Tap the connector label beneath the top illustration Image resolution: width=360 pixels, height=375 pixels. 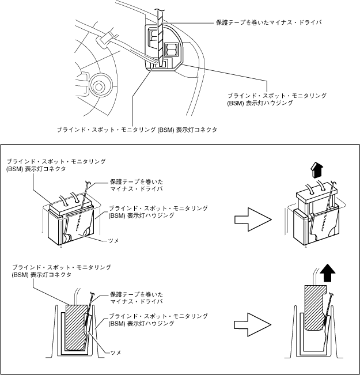click(x=136, y=130)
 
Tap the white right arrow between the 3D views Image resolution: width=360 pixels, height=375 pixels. click(x=253, y=219)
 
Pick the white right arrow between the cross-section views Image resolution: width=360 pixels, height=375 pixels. click(x=253, y=323)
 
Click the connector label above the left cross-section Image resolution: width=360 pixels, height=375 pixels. click(x=61, y=271)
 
